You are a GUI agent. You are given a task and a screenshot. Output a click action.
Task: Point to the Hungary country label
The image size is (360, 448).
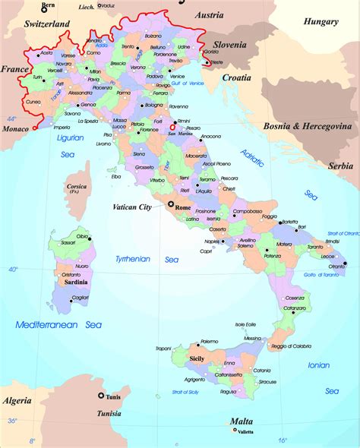click(x=321, y=22)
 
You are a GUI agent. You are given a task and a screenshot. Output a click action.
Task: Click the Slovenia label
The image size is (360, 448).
click(x=230, y=45)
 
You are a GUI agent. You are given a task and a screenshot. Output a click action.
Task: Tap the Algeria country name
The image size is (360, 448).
click(x=18, y=399)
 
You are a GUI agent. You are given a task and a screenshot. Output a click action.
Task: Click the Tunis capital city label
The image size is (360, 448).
click(x=115, y=397)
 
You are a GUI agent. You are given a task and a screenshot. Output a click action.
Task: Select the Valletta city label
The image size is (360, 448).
click(x=245, y=432)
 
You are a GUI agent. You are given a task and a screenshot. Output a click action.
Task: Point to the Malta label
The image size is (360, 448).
click(x=242, y=421)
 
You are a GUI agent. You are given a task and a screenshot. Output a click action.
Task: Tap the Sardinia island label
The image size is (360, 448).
click(x=73, y=282)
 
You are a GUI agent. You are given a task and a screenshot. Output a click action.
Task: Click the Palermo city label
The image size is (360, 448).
click(x=210, y=342)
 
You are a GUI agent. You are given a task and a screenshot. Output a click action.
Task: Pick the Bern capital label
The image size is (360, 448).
click(x=49, y=5)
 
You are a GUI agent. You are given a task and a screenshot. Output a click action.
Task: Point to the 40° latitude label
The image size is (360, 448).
click(x=13, y=270)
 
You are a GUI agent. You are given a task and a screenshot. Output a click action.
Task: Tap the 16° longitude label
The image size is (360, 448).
click(x=283, y=440)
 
